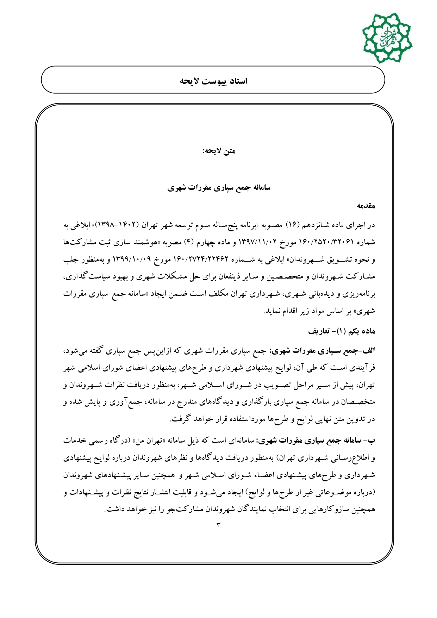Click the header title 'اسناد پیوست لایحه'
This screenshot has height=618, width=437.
coord(214,81)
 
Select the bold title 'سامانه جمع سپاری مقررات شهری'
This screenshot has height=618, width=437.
coord(219,188)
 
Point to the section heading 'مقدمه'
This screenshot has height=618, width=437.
coord(366,206)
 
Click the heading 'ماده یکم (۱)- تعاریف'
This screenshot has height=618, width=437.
coord(342,331)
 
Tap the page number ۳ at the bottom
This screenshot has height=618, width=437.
coord(218,525)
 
